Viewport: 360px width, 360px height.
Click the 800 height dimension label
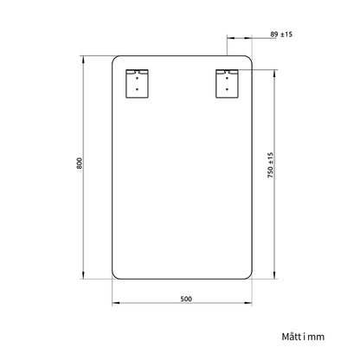pos(80,164)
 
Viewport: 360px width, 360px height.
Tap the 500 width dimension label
pos(186,299)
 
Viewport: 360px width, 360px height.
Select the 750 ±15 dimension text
pos(270,165)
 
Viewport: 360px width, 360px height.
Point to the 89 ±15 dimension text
pos(281,34)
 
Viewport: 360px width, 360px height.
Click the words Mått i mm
pos(303,337)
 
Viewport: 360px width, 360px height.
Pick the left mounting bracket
pos(137,83)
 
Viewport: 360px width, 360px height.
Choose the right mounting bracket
pos(227,83)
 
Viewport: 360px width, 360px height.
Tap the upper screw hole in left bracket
pos(137,78)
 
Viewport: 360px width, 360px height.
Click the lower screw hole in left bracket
pos(137,89)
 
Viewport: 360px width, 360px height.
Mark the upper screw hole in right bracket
pos(227,78)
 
